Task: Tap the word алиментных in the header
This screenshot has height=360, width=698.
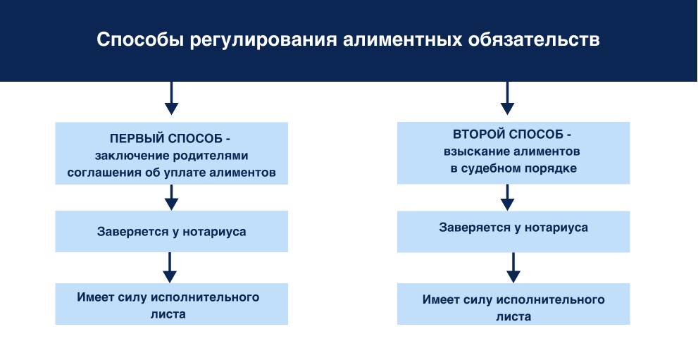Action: (404, 39)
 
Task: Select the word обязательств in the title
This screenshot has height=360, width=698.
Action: (534, 39)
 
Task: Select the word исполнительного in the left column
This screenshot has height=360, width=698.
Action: (211, 297)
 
